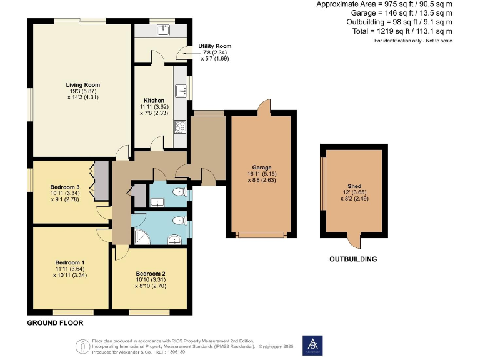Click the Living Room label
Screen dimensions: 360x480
(83, 85)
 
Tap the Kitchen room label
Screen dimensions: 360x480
(154, 100)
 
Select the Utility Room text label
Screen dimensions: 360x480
(214, 46)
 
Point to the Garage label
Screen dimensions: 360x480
(262, 167)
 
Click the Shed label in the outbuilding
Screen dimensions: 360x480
(352, 185)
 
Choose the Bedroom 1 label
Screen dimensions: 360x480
(69, 262)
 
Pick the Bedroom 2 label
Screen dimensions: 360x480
(150, 273)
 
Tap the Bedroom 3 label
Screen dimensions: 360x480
(65, 187)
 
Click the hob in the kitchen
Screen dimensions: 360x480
(180, 127)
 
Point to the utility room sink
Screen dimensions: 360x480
(166, 29)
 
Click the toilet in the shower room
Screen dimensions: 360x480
(179, 219)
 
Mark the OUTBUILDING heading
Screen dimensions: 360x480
(353, 259)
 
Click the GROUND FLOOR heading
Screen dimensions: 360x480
(55, 323)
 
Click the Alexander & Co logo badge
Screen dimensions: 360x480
(312, 344)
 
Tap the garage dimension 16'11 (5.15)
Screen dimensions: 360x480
(262, 174)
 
